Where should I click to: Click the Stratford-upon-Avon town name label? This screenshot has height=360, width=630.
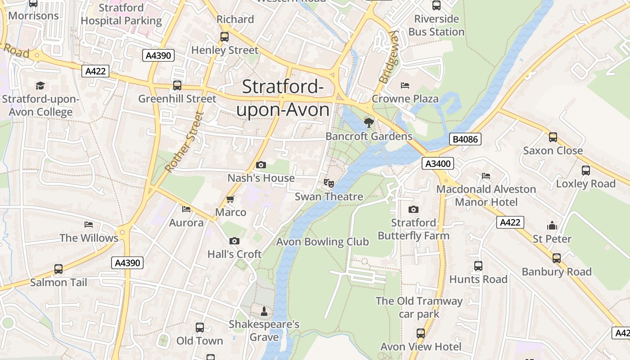pos(283,99)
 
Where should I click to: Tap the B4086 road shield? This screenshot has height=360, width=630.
pos(465,139)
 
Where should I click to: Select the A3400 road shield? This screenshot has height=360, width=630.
pos(437,163)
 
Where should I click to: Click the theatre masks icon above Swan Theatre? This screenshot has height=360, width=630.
pos(329,183)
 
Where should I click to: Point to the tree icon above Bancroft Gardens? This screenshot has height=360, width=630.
pos(369,122)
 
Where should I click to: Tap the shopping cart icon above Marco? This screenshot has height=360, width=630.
pos(230,199)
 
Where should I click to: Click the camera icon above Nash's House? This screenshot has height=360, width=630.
pos(261,165)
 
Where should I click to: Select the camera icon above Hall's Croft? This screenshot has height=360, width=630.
pos(234,241)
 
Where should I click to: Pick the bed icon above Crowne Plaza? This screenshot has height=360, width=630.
pos(405,85)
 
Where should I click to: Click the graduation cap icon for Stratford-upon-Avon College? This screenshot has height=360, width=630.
pos(40,85)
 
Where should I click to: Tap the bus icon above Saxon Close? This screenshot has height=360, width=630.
pos(553,137)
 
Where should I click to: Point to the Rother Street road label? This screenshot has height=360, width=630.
pos(184,142)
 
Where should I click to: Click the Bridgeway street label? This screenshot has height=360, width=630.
pos(389,57)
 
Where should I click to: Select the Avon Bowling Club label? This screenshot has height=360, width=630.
pos(322,242)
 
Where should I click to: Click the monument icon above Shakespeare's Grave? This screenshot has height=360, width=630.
pos(264,311)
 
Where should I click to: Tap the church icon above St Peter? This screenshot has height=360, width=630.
pos(552,225)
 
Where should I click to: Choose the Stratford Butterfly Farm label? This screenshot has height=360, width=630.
pos(413,229)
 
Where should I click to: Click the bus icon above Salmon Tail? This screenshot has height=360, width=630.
pos(58,269)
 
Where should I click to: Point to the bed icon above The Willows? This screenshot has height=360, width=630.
pos(89,225)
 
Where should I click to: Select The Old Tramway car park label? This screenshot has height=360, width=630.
pos(419,307)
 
